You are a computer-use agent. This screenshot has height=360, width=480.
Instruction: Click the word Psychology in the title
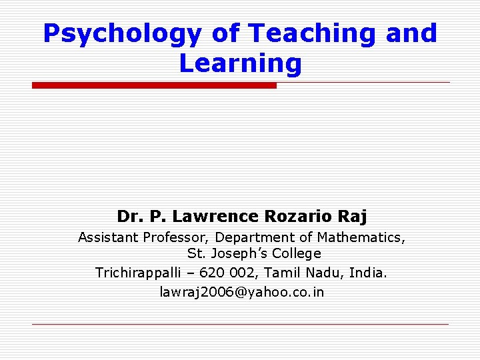pos(119,33)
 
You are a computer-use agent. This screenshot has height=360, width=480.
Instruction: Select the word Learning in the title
pos(241,64)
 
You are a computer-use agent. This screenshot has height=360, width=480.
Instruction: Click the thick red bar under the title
pos(154,85)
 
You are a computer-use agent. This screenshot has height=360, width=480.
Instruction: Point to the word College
pos(297,254)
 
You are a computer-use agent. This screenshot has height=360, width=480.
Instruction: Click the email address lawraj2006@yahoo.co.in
pos(242,292)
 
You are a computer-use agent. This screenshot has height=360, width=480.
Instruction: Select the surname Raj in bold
pos(353,217)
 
